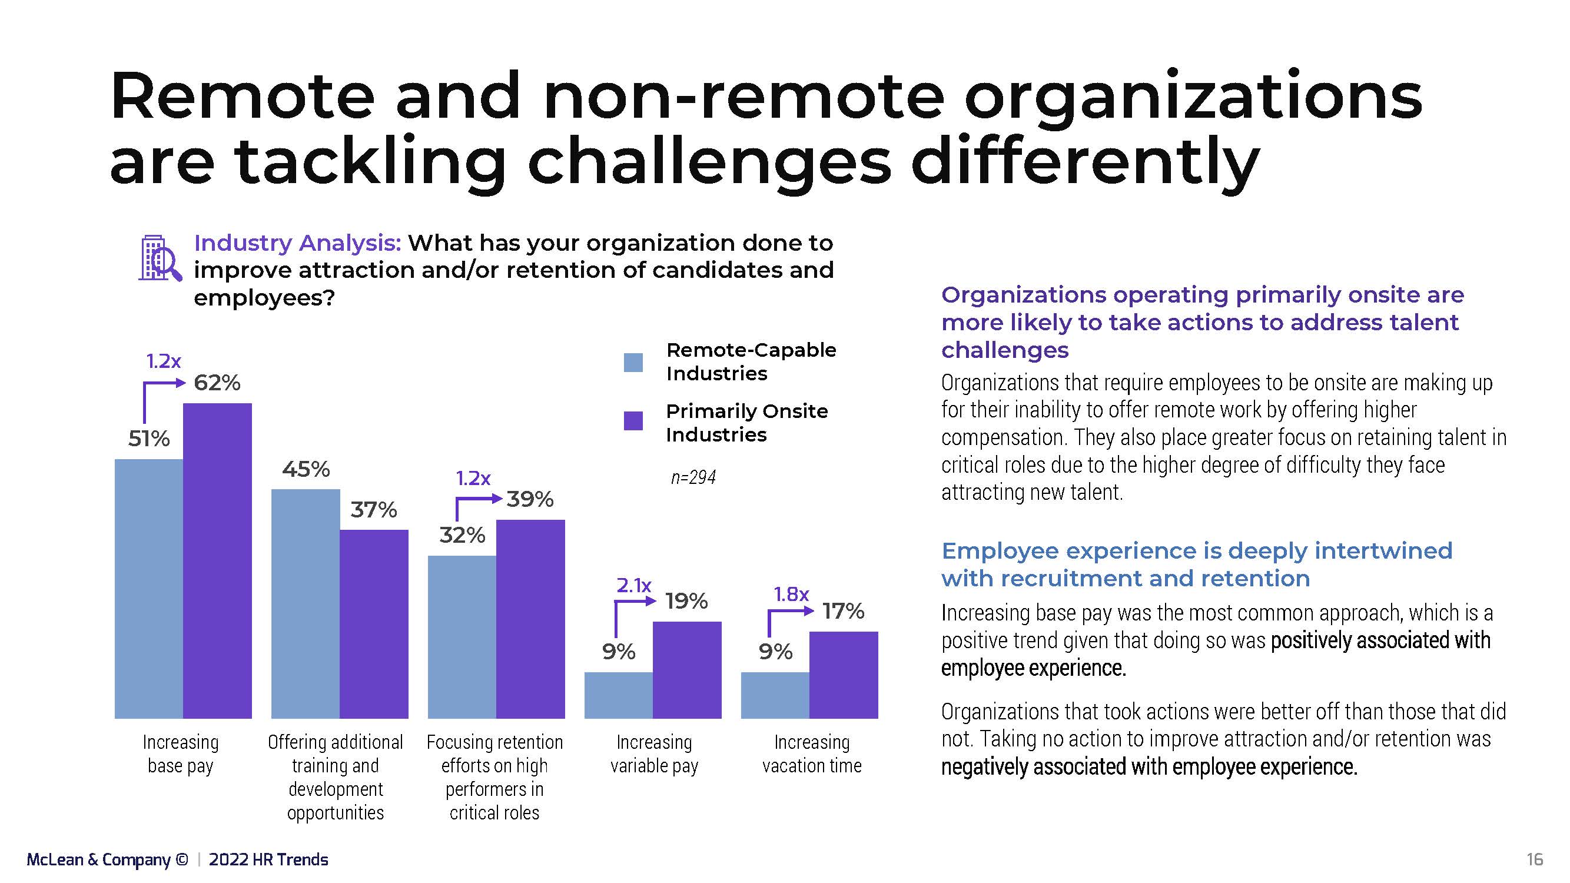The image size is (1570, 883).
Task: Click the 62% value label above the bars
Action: tap(217, 383)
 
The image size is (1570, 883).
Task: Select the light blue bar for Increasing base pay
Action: tap(149, 588)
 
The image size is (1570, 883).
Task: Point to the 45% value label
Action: tap(306, 469)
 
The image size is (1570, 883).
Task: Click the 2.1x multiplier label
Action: tap(634, 586)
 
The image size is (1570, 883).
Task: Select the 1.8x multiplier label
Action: tap(791, 594)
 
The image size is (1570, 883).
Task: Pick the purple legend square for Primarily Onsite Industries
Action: tap(633, 421)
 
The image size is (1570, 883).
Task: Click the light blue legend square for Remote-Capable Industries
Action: tap(633, 363)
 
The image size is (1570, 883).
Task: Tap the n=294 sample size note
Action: tap(693, 477)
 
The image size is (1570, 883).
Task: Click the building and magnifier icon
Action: tap(159, 258)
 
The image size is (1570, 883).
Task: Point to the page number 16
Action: tap(1535, 859)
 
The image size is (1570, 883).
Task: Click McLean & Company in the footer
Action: tap(98, 859)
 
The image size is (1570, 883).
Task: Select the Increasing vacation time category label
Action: tap(812, 754)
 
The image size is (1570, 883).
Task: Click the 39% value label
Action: tap(530, 499)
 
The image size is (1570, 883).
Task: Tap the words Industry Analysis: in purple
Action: tap(297, 243)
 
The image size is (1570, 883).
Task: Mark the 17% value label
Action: tap(843, 611)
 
